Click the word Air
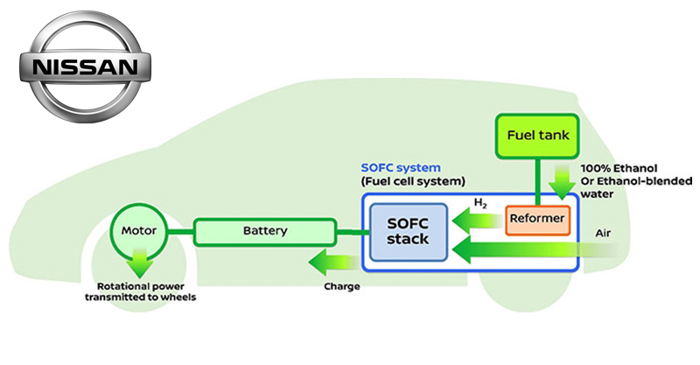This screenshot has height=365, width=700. click(x=602, y=234)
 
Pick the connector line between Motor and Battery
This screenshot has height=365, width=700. click(x=177, y=232)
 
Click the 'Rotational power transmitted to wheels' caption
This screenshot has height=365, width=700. click(x=139, y=291)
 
